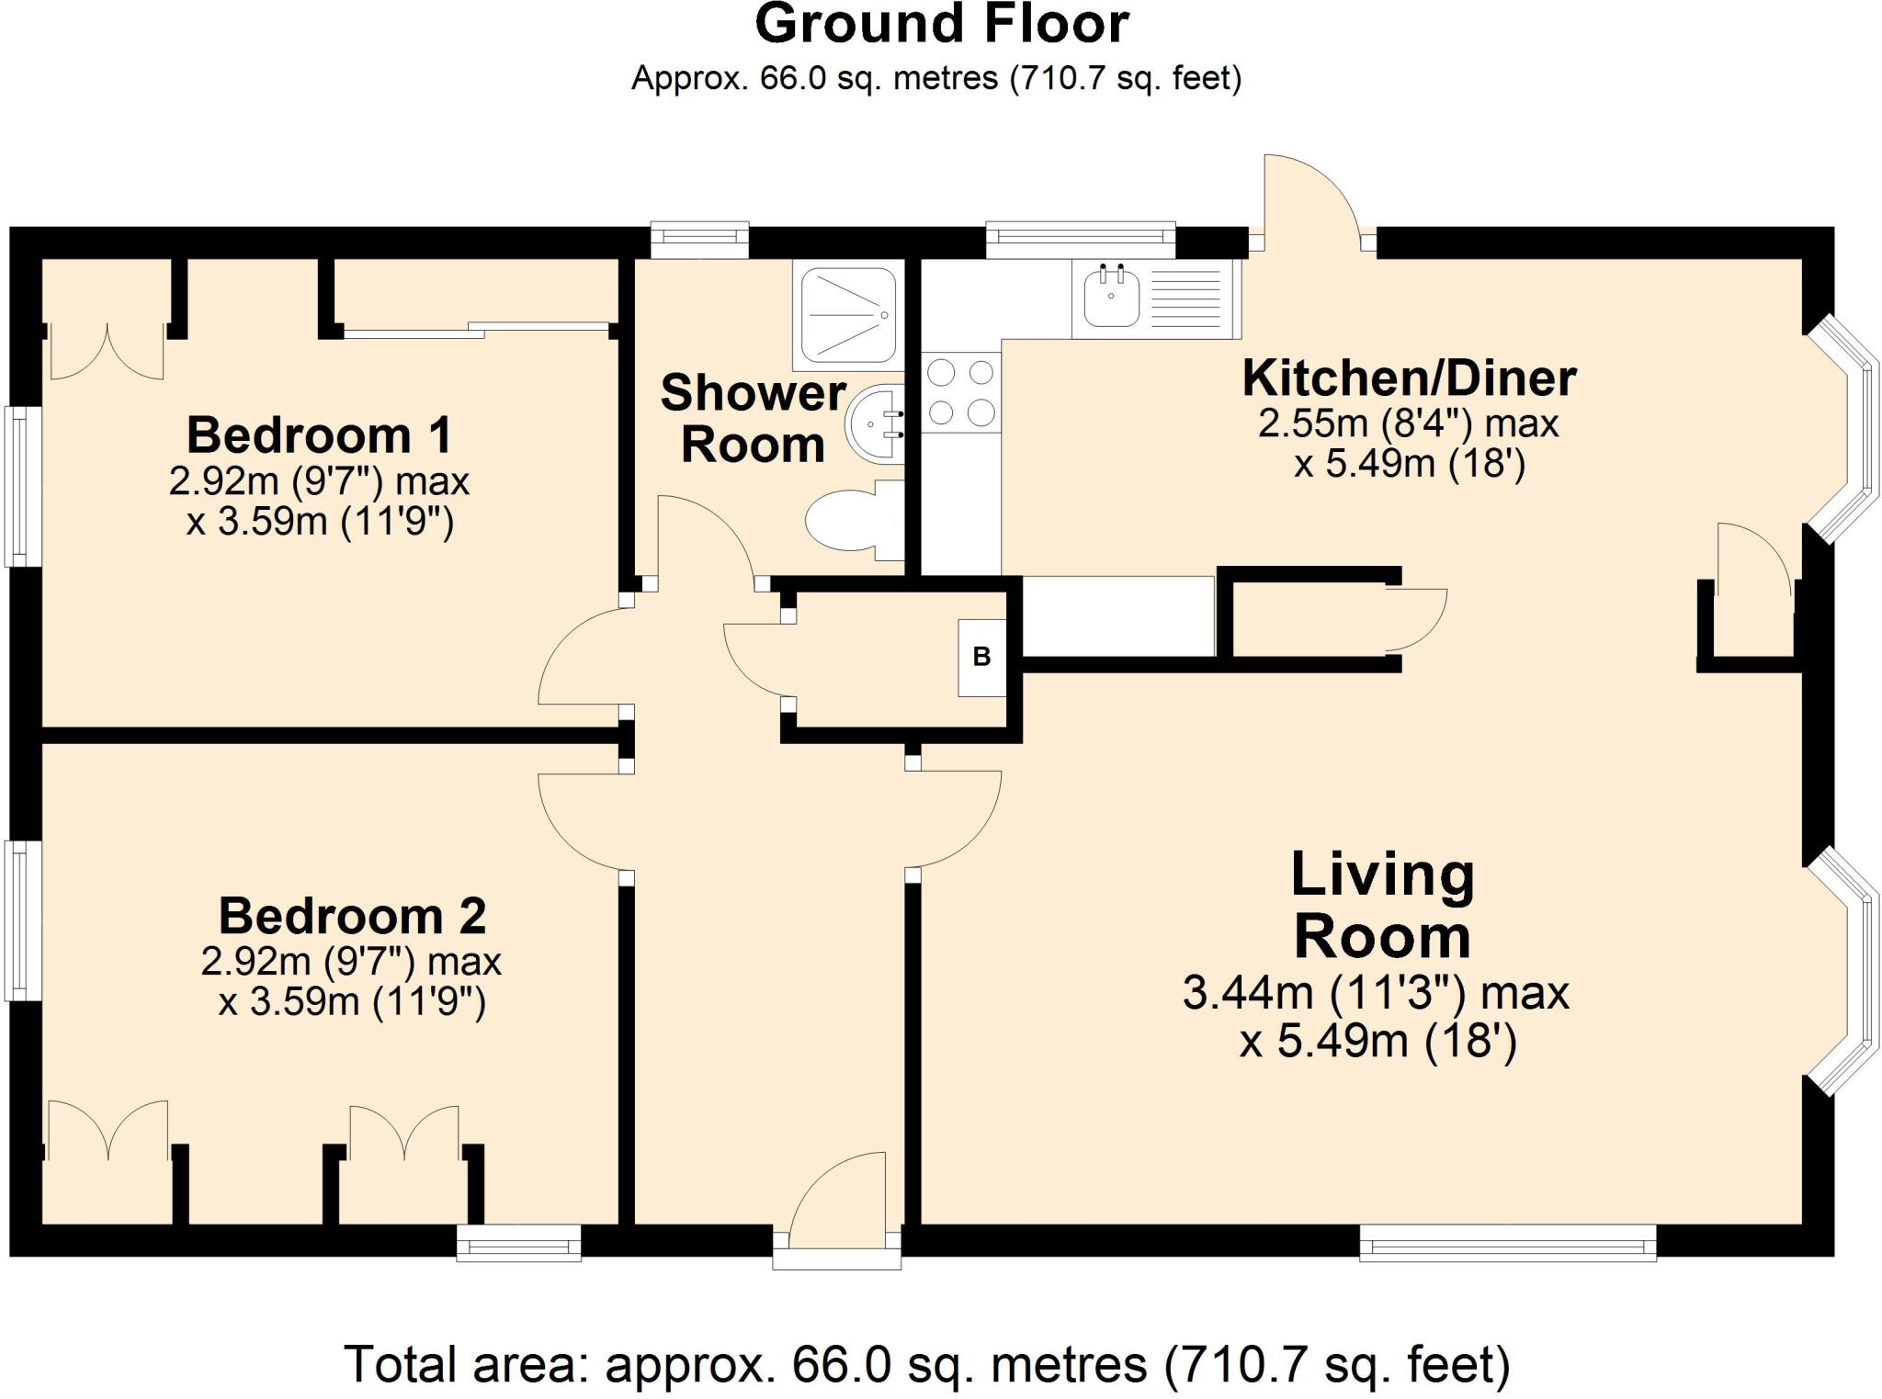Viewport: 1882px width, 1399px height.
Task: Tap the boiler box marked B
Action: coord(981,658)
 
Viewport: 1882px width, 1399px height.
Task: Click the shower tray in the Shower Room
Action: coord(849,315)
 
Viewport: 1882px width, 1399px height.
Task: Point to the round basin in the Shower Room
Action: coord(876,425)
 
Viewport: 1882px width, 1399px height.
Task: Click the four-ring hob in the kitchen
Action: coord(960,393)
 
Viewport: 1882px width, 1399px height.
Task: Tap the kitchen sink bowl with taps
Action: coord(1111,297)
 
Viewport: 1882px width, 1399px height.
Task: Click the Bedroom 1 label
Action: coord(319,434)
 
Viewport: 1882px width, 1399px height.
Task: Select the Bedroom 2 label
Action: coord(352,916)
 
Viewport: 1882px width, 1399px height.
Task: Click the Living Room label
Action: coord(1383,905)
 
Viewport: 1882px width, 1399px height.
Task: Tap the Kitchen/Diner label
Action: coord(1409,378)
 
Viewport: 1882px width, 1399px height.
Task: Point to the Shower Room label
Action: coord(753,419)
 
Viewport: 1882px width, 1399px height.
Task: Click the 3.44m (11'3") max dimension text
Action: coord(1376,993)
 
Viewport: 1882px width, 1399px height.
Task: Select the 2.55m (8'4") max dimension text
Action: coord(1408,423)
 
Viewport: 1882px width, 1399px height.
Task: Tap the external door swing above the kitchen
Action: coord(1312,202)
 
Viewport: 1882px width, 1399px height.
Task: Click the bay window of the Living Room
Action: coord(1842,972)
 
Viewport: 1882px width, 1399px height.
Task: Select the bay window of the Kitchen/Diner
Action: coord(1842,430)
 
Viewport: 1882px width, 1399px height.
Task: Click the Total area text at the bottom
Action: coord(927,1365)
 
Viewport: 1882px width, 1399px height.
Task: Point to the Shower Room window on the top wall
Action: coord(699,240)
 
